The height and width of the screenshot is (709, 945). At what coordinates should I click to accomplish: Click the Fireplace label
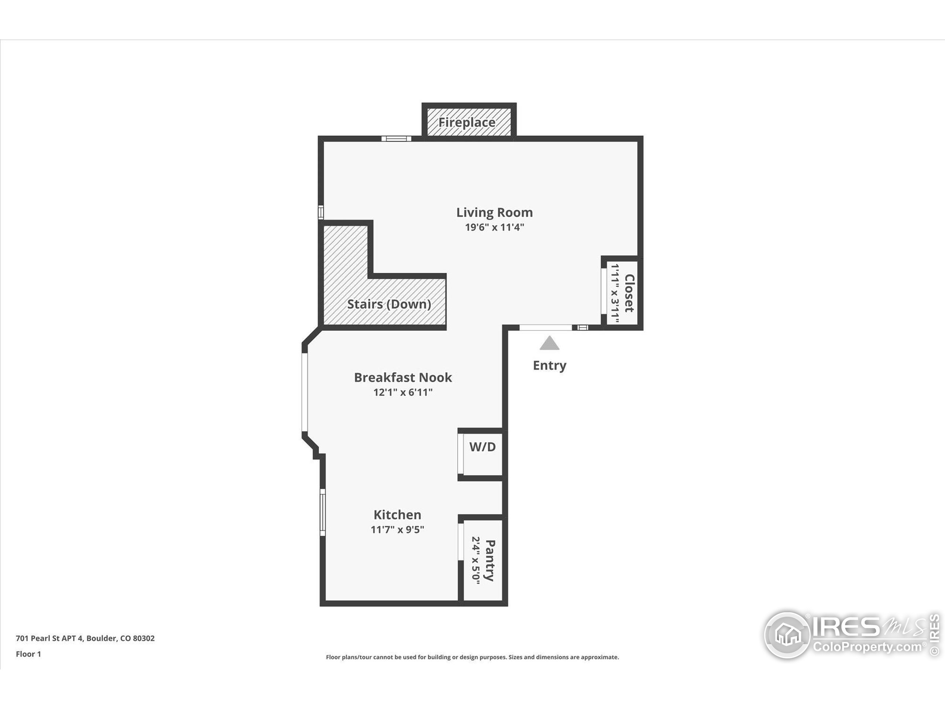(x=467, y=123)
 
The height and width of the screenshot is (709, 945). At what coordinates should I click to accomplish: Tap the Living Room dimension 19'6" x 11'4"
(x=494, y=227)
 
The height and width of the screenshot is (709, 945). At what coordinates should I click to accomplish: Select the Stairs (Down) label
(x=389, y=304)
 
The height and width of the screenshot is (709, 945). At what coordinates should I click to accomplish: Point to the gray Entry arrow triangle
(x=549, y=343)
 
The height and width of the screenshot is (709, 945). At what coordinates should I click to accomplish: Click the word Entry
(x=549, y=366)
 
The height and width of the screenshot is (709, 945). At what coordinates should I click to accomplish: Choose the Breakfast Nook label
(x=402, y=377)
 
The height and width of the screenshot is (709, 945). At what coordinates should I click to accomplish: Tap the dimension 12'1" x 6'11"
(x=402, y=392)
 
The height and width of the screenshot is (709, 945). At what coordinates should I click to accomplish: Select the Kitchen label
(x=397, y=514)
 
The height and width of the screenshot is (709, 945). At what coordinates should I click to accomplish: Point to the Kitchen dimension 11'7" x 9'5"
(x=397, y=530)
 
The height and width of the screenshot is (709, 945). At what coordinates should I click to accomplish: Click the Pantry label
(x=491, y=560)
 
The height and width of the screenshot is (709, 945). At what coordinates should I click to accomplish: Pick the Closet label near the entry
(x=629, y=293)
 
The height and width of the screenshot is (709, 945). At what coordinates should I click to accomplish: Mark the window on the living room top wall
(x=396, y=138)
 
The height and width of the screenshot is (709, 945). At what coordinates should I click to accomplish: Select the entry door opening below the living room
(x=546, y=328)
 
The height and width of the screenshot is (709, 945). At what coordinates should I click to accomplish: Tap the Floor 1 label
(x=28, y=654)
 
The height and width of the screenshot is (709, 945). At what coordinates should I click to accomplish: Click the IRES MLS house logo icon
(x=787, y=635)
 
